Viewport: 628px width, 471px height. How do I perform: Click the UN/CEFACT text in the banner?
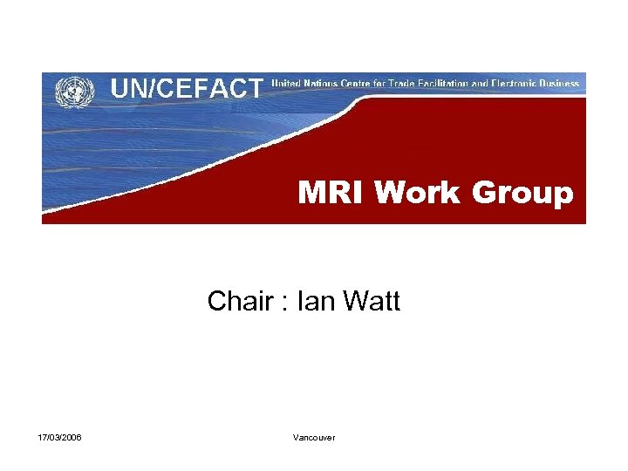point(186,88)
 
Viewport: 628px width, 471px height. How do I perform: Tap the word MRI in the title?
point(332,193)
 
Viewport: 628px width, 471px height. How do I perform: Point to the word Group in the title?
point(523,193)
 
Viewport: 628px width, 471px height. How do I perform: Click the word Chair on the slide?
point(240,302)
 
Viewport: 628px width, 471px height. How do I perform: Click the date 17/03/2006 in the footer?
point(60,437)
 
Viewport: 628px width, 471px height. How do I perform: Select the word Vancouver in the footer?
point(314,437)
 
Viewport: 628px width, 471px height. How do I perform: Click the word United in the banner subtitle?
point(287,84)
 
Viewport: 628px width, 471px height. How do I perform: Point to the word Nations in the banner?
point(324,84)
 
